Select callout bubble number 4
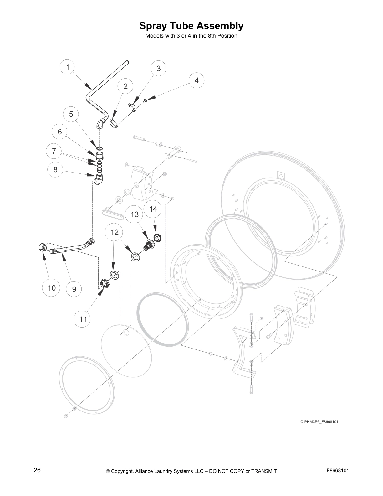pyautogui.click(x=197, y=80)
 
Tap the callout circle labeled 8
pyautogui.click(x=55, y=170)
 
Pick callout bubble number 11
pyautogui.click(x=83, y=319)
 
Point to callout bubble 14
pyautogui.click(x=153, y=209)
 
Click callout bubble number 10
pyautogui.click(x=52, y=288)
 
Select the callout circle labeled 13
pyautogui.click(x=135, y=214)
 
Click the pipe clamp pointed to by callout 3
pyautogui.click(x=132, y=107)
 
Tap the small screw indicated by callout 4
pyautogui.click(x=145, y=100)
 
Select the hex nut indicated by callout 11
pyautogui.click(x=104, y=284)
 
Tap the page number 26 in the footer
pyautogui.click(x=37, y=470)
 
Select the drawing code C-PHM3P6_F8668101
pyautogui.click(x=319, y=422)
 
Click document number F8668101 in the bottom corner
pyautogui.click(x=338, y=470)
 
